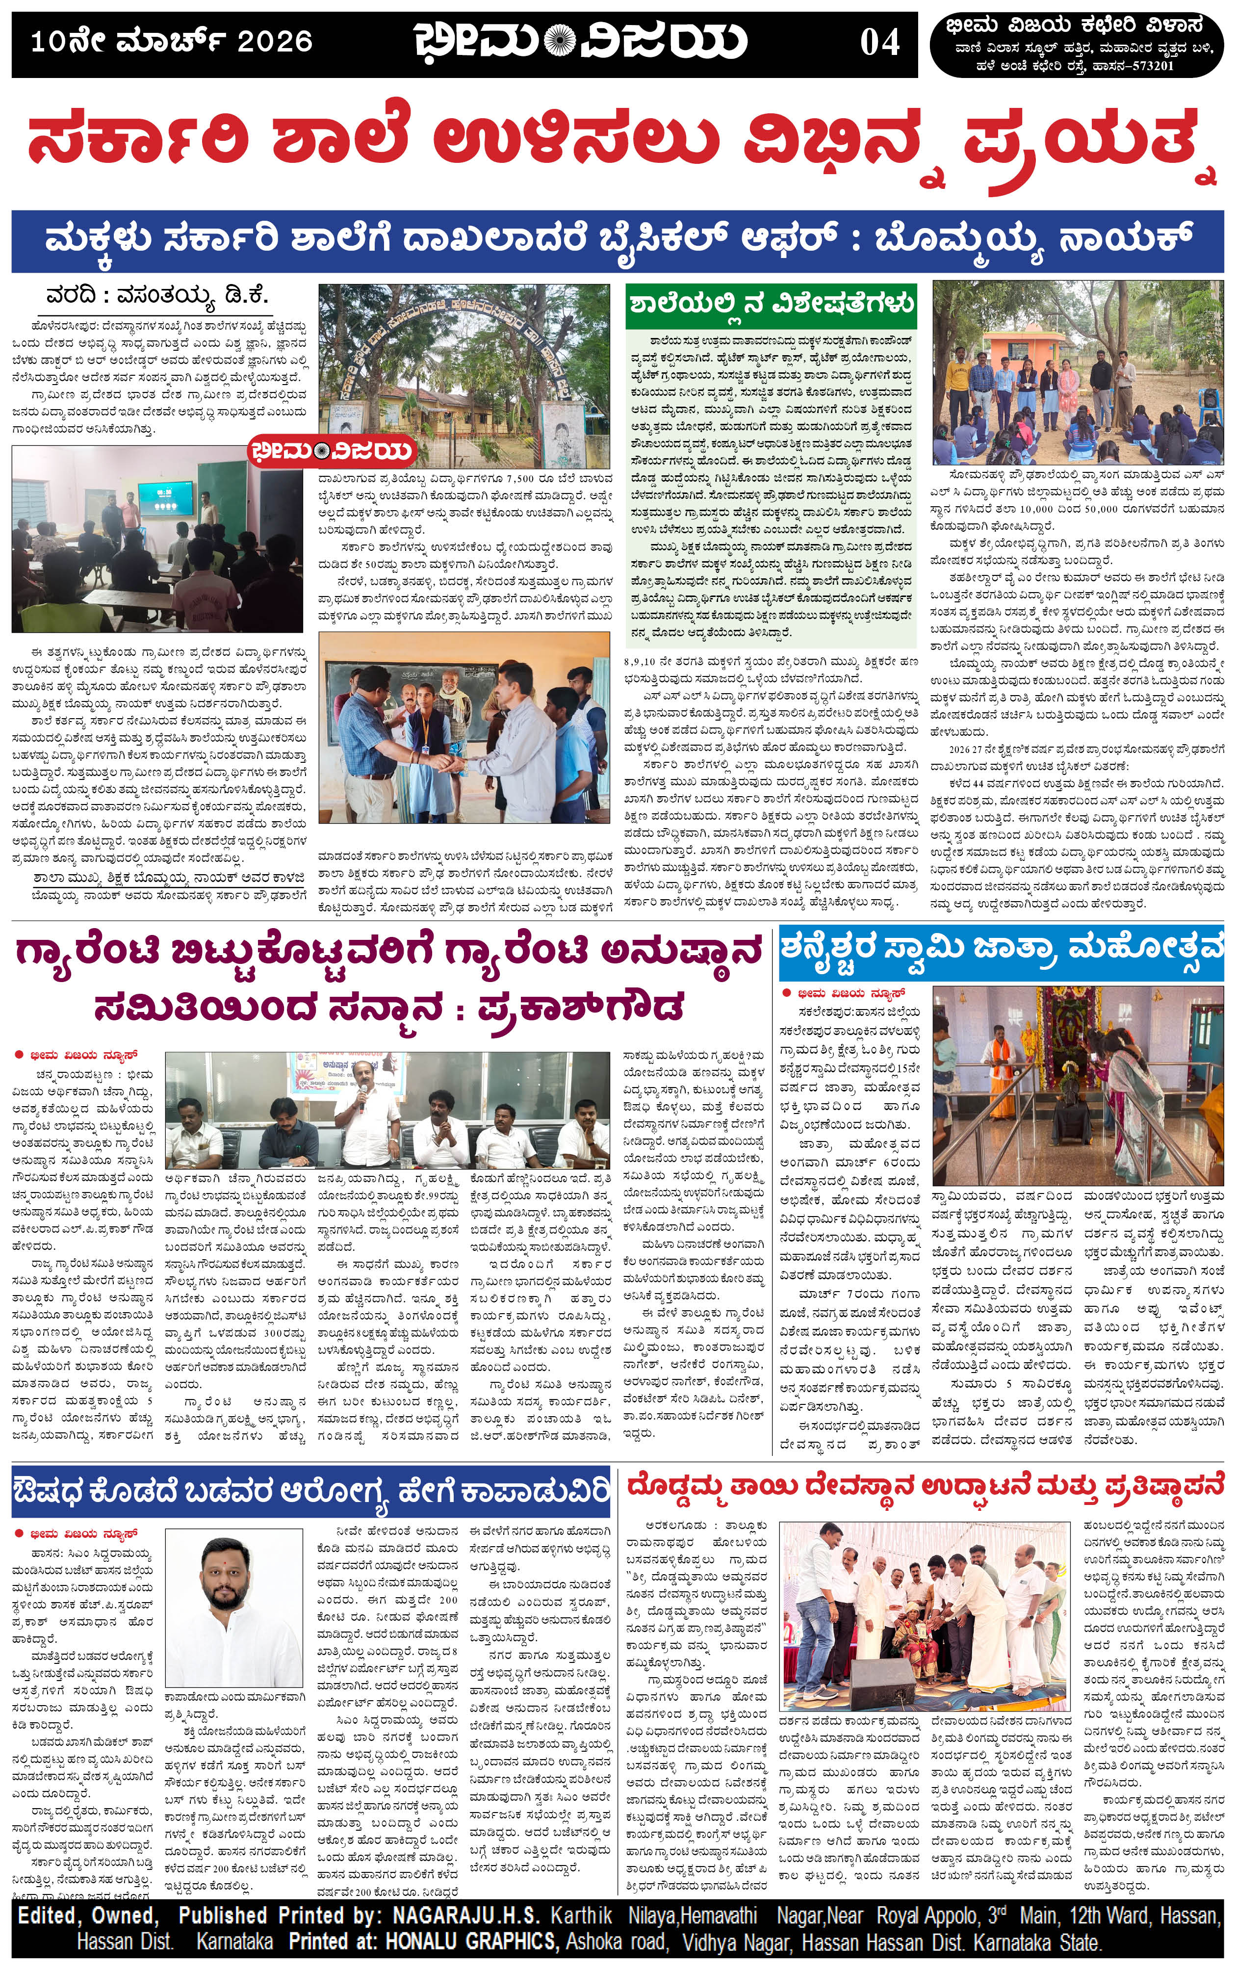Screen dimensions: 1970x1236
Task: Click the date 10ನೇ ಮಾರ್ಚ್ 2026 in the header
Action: [x=172, y=41]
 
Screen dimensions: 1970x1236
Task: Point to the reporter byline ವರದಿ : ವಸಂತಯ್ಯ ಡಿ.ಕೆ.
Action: [x=157, y=296]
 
